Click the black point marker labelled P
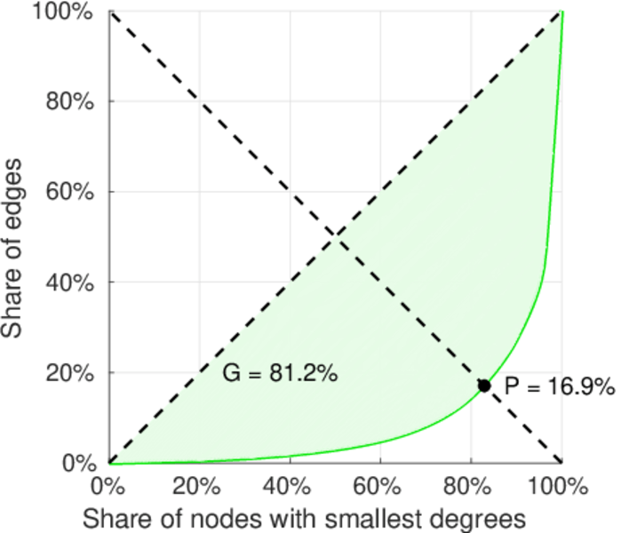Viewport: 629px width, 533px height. click(484, 386)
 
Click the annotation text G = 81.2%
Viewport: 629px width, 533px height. click(280, 374)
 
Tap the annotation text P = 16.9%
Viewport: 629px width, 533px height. click(559, 386)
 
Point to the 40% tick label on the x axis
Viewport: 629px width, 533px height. click(290, 487)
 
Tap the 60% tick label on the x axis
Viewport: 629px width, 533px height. click(380, 487)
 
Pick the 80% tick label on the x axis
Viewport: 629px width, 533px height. click(471, 487)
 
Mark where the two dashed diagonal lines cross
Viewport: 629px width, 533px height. click(335, 236)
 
